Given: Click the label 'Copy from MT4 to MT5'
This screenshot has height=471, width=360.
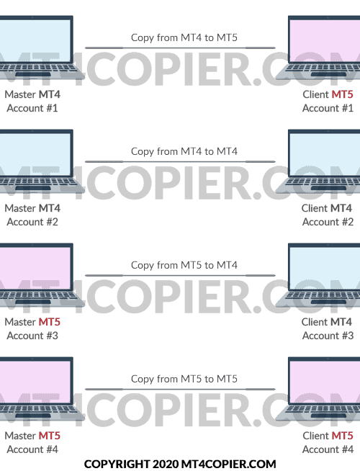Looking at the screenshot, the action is pos(184,37).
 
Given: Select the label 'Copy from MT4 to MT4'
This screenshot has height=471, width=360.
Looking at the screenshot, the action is pos(184,151).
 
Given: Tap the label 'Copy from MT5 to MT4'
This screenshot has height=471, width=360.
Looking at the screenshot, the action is pos(184,265).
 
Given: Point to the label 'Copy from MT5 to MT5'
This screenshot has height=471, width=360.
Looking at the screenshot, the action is pos(184,379).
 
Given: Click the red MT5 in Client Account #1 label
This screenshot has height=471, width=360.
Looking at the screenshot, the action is pos(342,94).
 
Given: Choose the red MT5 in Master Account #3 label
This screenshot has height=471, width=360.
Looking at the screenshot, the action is pos(50,322).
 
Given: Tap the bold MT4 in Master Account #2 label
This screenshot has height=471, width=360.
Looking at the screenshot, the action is pos(50,208).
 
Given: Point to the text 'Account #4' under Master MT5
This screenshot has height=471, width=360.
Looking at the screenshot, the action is pos(32,449).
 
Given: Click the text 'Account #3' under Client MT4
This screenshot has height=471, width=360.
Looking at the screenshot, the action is pos(328,336).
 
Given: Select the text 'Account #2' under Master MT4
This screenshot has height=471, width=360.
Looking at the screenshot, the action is pos(32,222).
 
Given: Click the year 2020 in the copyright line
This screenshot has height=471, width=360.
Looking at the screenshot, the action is pos(166,464).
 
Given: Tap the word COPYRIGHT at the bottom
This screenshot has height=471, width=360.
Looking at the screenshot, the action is pos(117,464).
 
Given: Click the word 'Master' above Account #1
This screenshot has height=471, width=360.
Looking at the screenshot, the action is pos(20,94).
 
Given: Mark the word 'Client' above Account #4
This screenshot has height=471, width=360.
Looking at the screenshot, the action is pos(315,436).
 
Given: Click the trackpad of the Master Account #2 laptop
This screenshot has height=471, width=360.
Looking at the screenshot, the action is pos(33,188).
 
